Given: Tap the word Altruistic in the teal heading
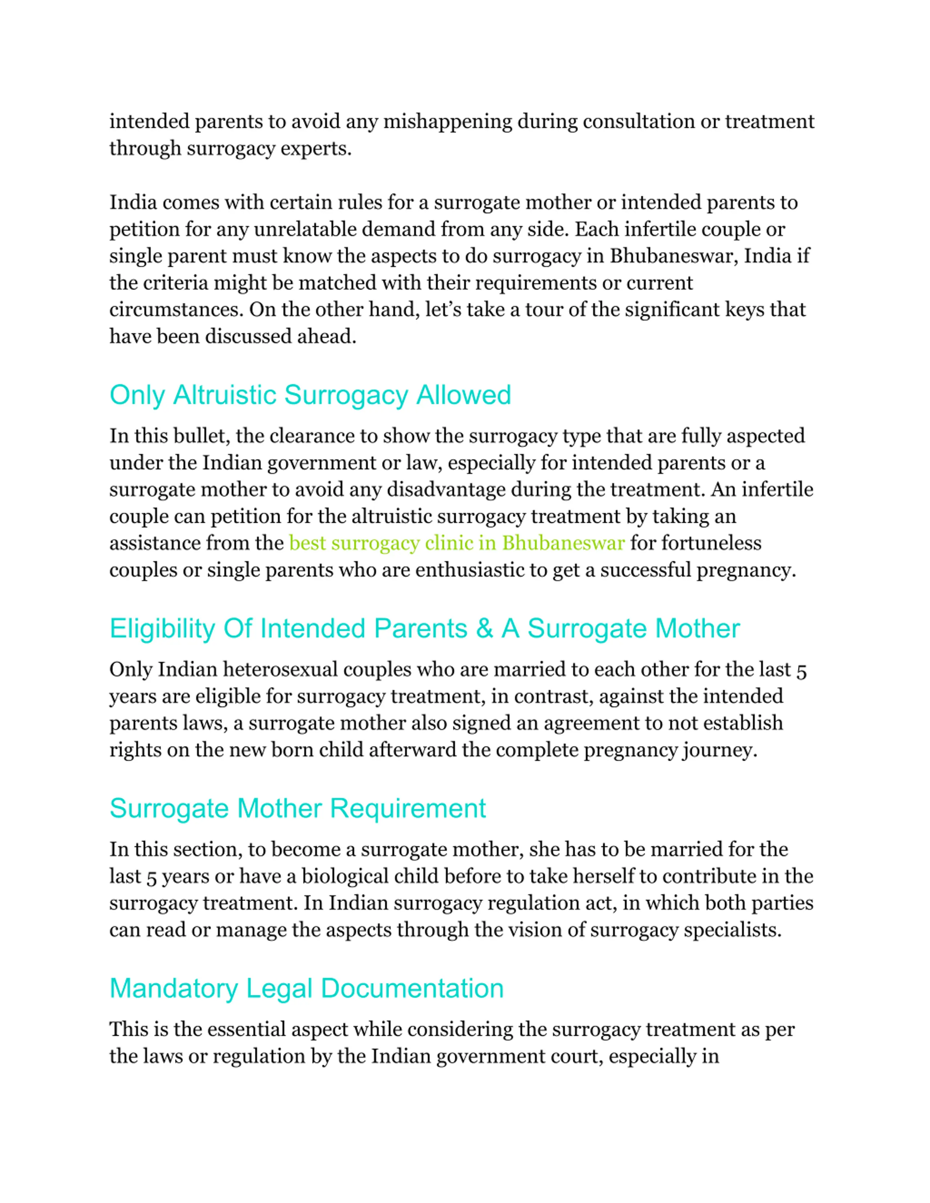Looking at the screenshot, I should pos(225,395).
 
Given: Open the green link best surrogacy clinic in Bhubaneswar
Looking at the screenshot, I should pos(457,543).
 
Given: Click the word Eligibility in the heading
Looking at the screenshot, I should pos(162,629).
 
